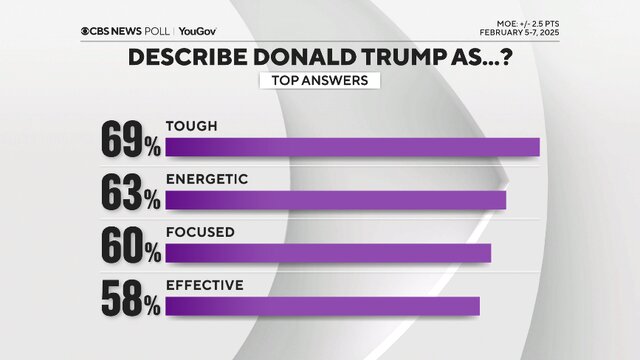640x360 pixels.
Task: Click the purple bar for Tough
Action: click(x=352, y=148)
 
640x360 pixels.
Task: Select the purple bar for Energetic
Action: click(x=335, y=200)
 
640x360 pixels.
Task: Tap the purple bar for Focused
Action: click(x=328, y=252)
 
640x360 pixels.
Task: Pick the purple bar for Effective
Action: click(x=322, y=304)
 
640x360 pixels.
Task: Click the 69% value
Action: click(x=130, y=140)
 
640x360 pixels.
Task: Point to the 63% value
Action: click(x=130, y=192)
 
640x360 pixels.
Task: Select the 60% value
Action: click(x=130, y=244)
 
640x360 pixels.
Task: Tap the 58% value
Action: click(x=130, y=296)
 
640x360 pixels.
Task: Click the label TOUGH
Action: click(x=192, y=127)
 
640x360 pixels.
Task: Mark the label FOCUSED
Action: click(x=200, y=231)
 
